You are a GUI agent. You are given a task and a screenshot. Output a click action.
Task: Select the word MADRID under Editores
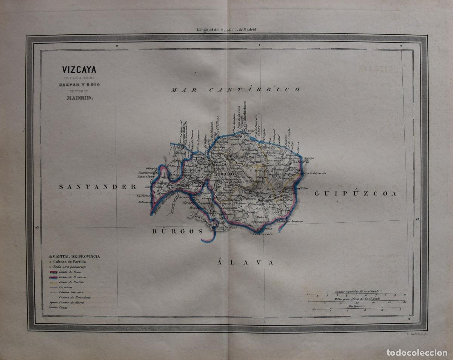click(x=79, y=98)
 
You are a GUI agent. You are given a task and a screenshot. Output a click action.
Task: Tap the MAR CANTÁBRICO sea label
click(x=235, y=89)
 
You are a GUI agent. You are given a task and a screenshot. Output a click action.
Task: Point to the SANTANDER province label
click(x=97, y=186)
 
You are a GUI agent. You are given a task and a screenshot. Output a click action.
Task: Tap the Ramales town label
click(x=145, y=176)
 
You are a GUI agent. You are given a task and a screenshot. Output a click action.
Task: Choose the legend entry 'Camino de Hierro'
click(x=71, y=303)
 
